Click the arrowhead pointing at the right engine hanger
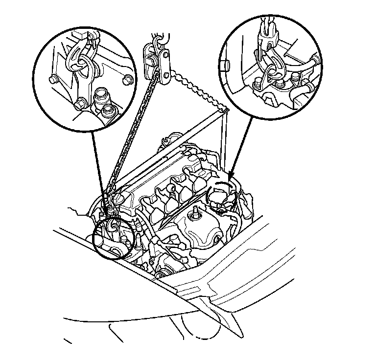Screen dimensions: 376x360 [x=232, y=175]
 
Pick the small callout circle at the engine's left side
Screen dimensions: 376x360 [x=114, y=237]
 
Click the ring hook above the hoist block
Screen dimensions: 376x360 [x=158, y=36]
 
